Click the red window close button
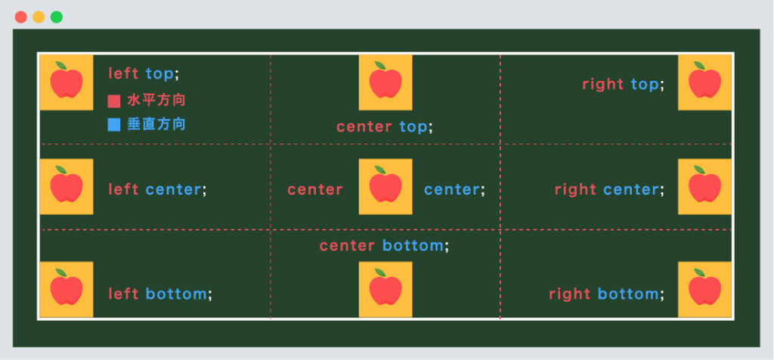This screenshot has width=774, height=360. [20, 17]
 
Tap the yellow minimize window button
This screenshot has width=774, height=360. [39, 17]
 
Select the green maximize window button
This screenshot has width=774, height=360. [57, 17]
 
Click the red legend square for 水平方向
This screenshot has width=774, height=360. [114, 101]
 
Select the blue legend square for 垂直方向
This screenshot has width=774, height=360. [114, 125]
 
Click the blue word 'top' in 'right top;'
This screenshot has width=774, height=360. [645, 85]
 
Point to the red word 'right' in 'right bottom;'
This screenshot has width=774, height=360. [570, 294]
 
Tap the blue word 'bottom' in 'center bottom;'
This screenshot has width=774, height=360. [413, 246]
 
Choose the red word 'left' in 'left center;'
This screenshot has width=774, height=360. [123, 189]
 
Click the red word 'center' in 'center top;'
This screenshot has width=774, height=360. [364, 127]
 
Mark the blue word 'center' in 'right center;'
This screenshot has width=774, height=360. [631, 189]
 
